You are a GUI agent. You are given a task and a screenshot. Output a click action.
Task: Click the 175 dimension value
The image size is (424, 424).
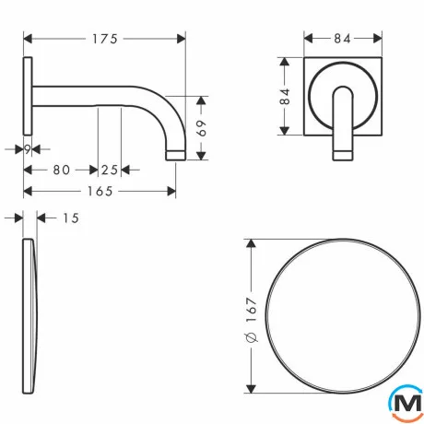pyautogui.click(x=105, y=39)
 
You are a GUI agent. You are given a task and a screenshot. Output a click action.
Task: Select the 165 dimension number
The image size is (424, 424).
pyautogui.click(x=100, y=192)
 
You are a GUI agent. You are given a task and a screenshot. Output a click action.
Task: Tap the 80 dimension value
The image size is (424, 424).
pyautogui.click(x=62, y=170)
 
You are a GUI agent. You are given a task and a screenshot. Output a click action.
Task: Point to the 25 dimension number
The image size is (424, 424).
pyautogui.click(x=110, y=170)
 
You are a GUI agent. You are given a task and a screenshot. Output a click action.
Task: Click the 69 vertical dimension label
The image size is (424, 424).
pyautogui.click(x=201, y=128)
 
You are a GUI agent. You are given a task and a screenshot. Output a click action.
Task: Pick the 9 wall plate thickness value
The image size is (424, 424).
pyautogui.click(x=28, y=150)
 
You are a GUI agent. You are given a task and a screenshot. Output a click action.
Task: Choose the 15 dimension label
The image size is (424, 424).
pyautogui.click(x=71, y=218)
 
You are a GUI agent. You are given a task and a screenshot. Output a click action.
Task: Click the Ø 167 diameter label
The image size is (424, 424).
pyautogui.click(x=252, y=320)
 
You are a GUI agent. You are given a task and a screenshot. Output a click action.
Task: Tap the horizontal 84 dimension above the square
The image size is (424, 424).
pyautogui.click(x=342, y=39)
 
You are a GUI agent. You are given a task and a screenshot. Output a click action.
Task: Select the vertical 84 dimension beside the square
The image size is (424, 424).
pyautogui.click(x=285, y=96)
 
